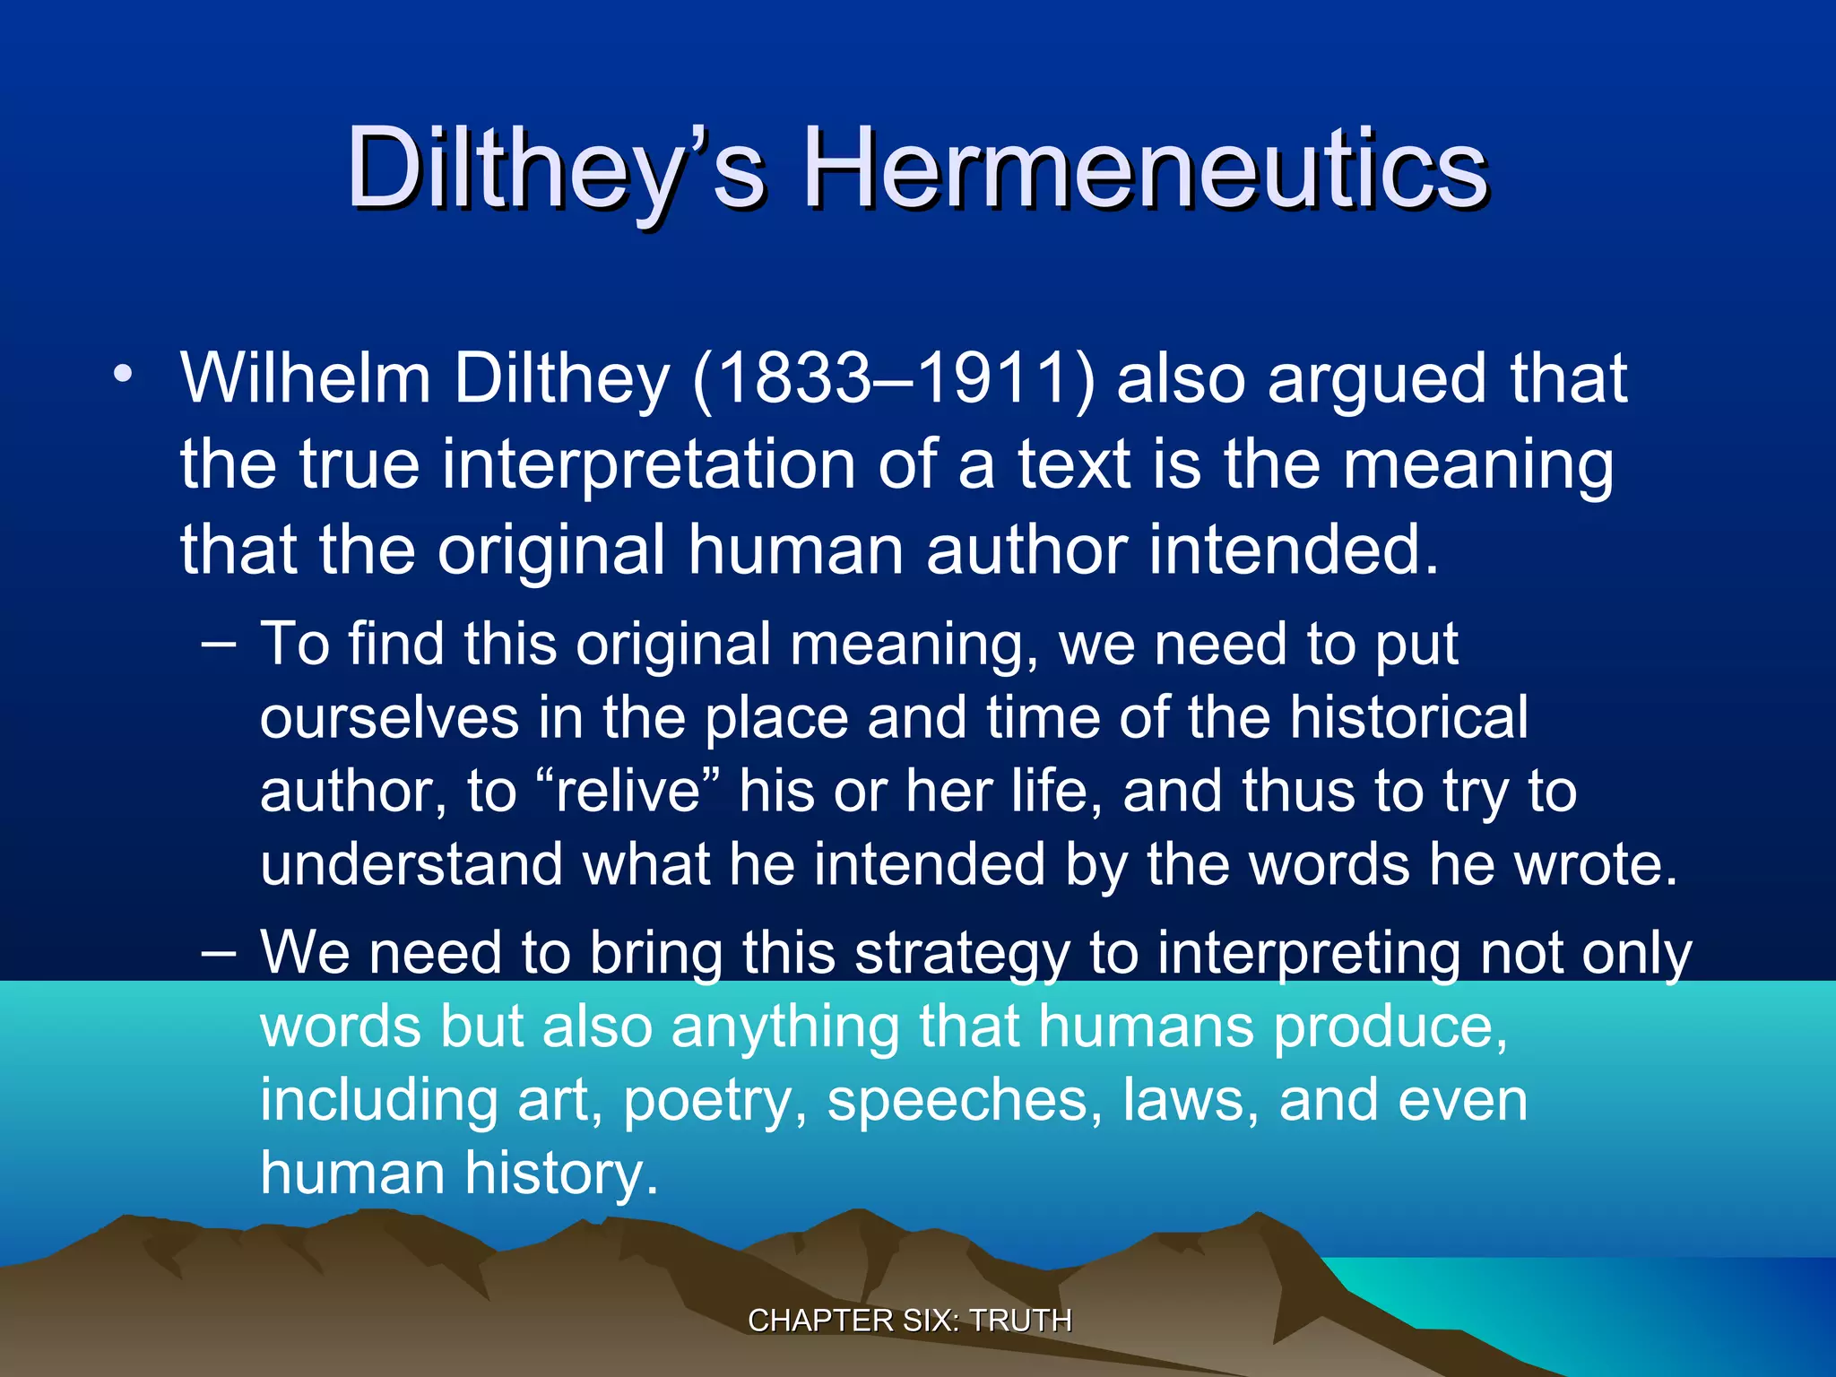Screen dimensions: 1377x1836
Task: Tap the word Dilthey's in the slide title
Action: pos(556,169)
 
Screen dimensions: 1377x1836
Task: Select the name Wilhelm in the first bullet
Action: pos(306,377)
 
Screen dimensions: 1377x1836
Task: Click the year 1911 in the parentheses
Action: pos(995,377)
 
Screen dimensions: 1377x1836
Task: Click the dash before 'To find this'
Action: pos(219,643)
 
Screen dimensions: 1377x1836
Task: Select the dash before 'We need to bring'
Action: pos(219,952)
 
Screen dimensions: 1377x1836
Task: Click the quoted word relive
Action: pos(628,792)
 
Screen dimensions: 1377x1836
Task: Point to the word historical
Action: pos(1408,717)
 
